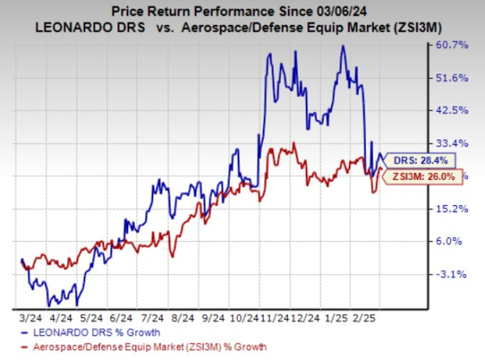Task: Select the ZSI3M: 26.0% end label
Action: click(417, 178)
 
